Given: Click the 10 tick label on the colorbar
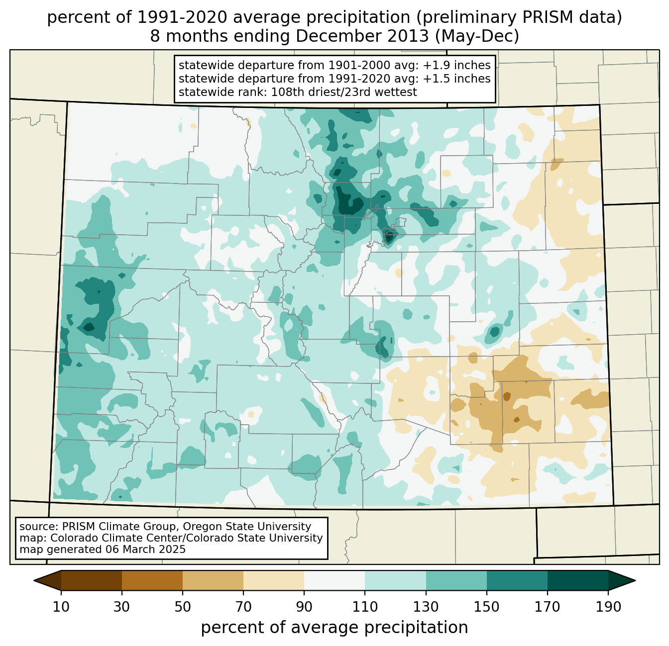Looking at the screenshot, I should [x=61, y=607].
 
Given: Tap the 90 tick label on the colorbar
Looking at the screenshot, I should [x=304, y=607].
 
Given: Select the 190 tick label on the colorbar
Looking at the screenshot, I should [x=608, y=607].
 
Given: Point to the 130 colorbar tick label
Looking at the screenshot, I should [x=426, y=607].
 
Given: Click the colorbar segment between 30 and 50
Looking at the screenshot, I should [x=152, y=580].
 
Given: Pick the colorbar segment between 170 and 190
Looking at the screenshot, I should [x=577, y=580].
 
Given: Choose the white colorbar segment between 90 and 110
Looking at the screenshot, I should [x=334, y=580].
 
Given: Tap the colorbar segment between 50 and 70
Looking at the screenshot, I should [x=213, y=580].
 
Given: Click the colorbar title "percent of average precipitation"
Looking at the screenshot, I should [x=334, y=628].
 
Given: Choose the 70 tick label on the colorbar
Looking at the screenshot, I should [x=243, y=607].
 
